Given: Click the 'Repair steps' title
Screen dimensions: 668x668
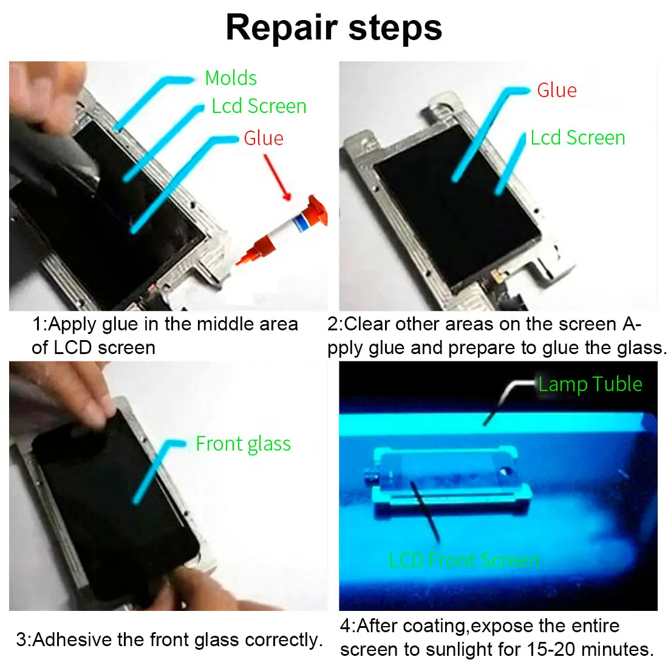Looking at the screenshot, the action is pyautogui.click(x=334, y=28).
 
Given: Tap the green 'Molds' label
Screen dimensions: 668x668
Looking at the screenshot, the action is pyautogui.click(x=231, y=78).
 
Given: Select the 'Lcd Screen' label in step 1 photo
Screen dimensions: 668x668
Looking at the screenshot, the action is pyautogui.click(x=259, y=106).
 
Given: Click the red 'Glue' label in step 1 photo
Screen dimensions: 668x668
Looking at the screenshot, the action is pyautogui.click(x=264, y=138).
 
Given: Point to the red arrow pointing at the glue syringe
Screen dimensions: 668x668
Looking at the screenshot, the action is pyautogui.click(x=277, y=177).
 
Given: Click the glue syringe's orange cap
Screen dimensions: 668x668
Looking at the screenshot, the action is pyautogui.click(x=318, y=211).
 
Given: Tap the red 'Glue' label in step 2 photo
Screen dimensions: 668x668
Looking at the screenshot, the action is pyautogui.click(x=556, y=90).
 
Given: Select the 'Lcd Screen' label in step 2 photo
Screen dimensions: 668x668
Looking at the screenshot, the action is pyautogui.click(x=578, y=138).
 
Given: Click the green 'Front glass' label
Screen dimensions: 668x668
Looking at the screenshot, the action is pyautogui.click(x=244, y=444).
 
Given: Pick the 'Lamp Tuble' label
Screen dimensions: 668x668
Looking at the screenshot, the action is pyautogui.click(x=590, y=384).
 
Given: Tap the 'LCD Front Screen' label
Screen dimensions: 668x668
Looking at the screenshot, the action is pyautogui.click(x=465, y=560).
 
